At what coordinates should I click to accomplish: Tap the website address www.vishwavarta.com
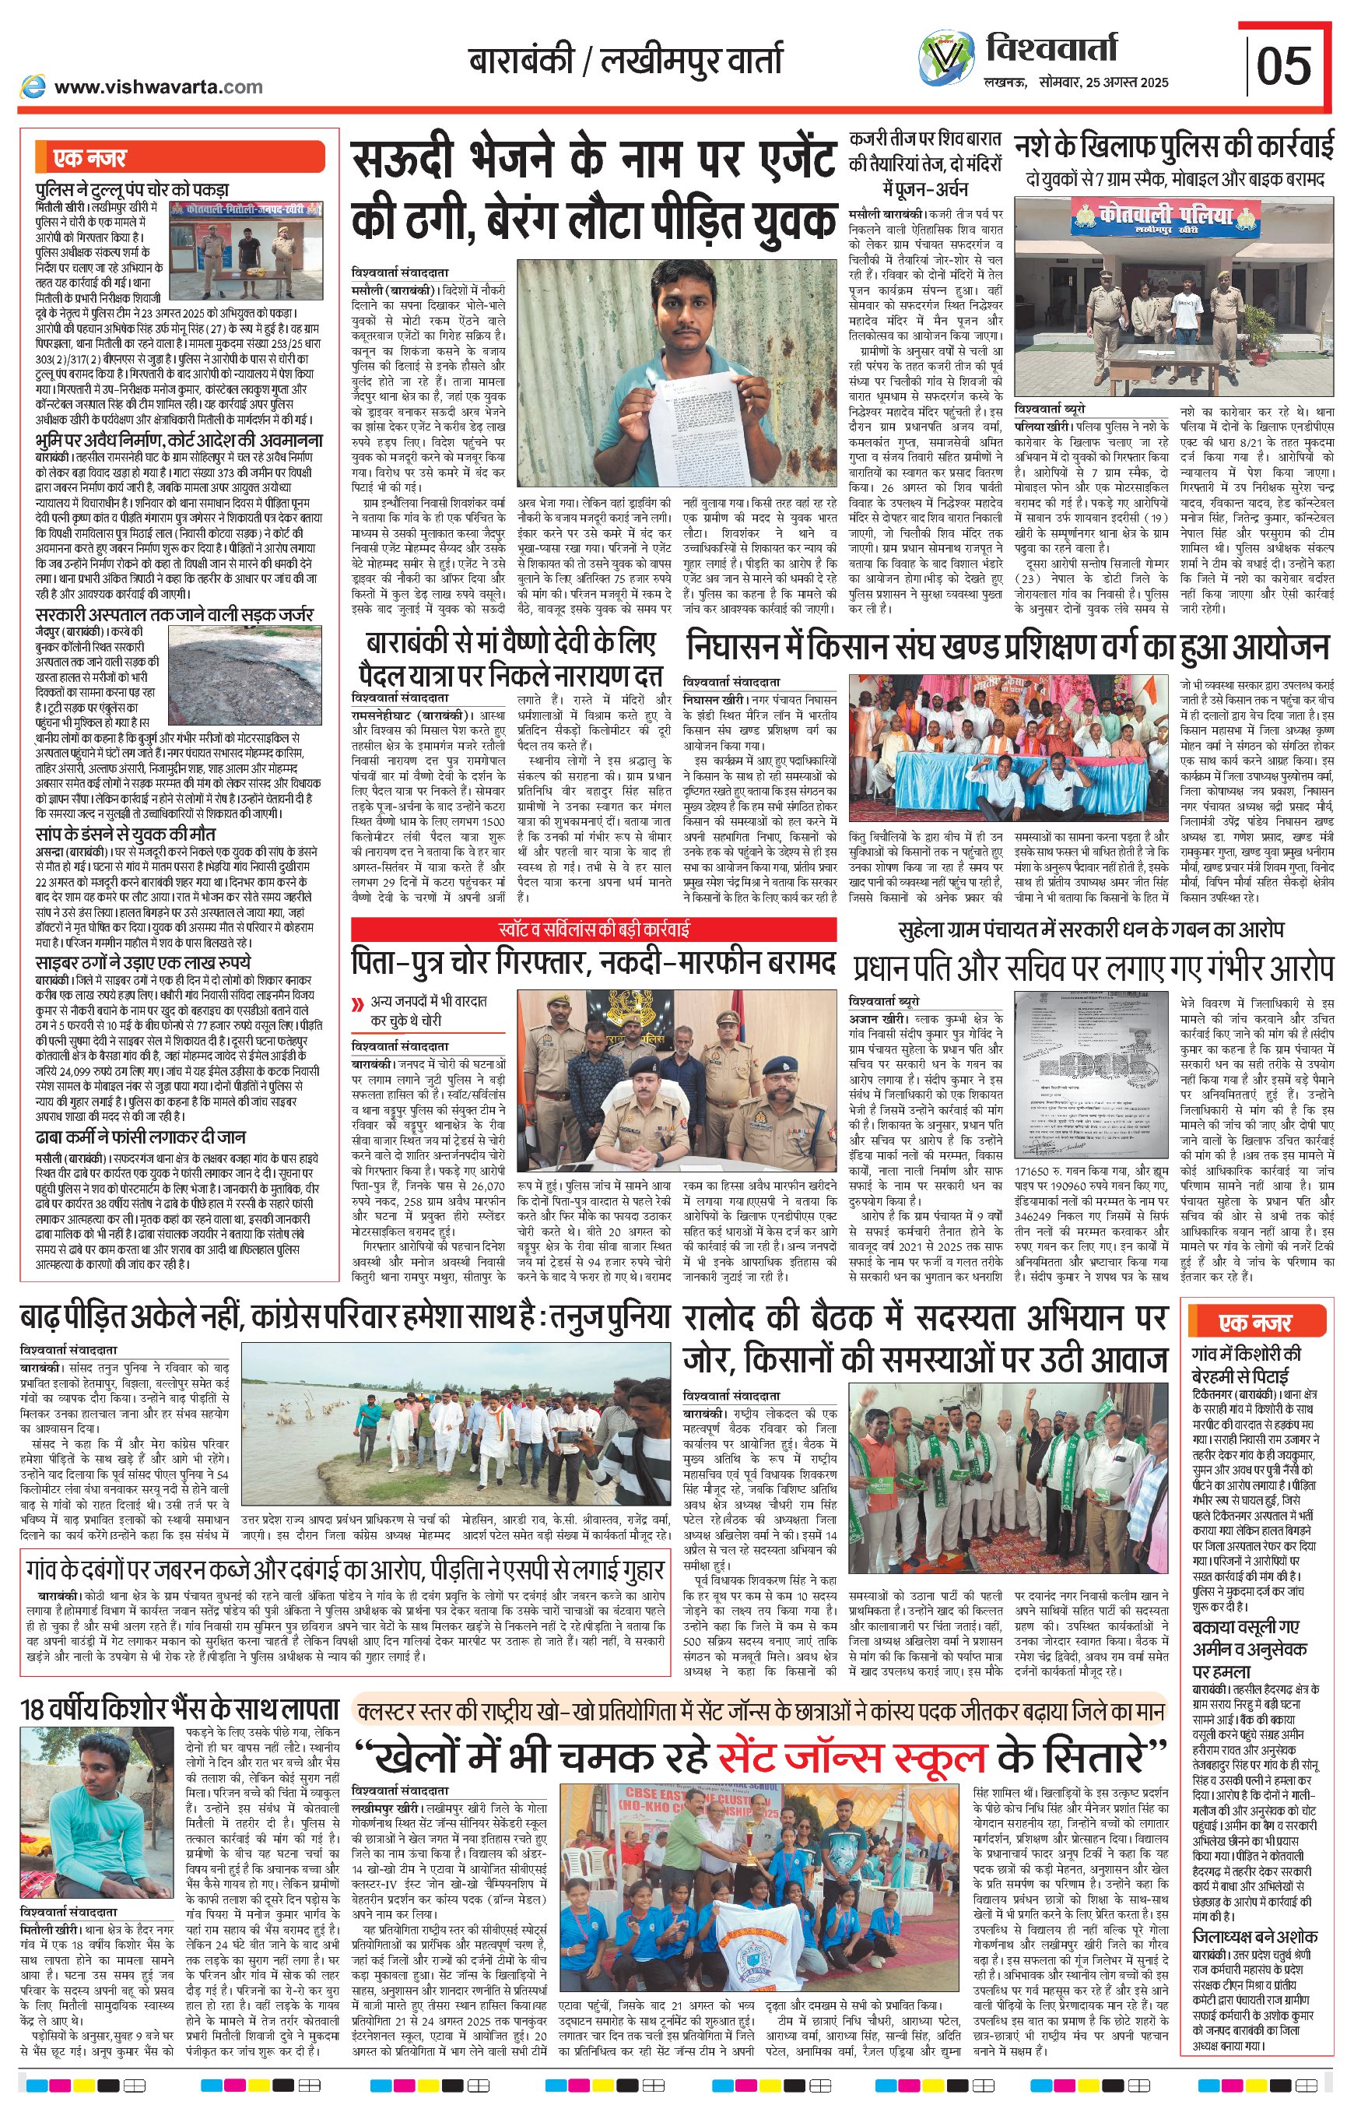pyautogui.click(x=157, y=86)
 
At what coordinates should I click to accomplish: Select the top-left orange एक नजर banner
pyautogui.click(x=181, y=158)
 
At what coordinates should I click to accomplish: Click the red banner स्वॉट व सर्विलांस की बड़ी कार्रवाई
pyautogui.click(x=594, y=929)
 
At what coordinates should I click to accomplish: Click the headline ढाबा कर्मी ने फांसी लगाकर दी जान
pyautogui.click(x=141, y=1137)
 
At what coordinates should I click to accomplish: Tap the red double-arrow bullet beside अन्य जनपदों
pyautogui.click(x=357, y=1003)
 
